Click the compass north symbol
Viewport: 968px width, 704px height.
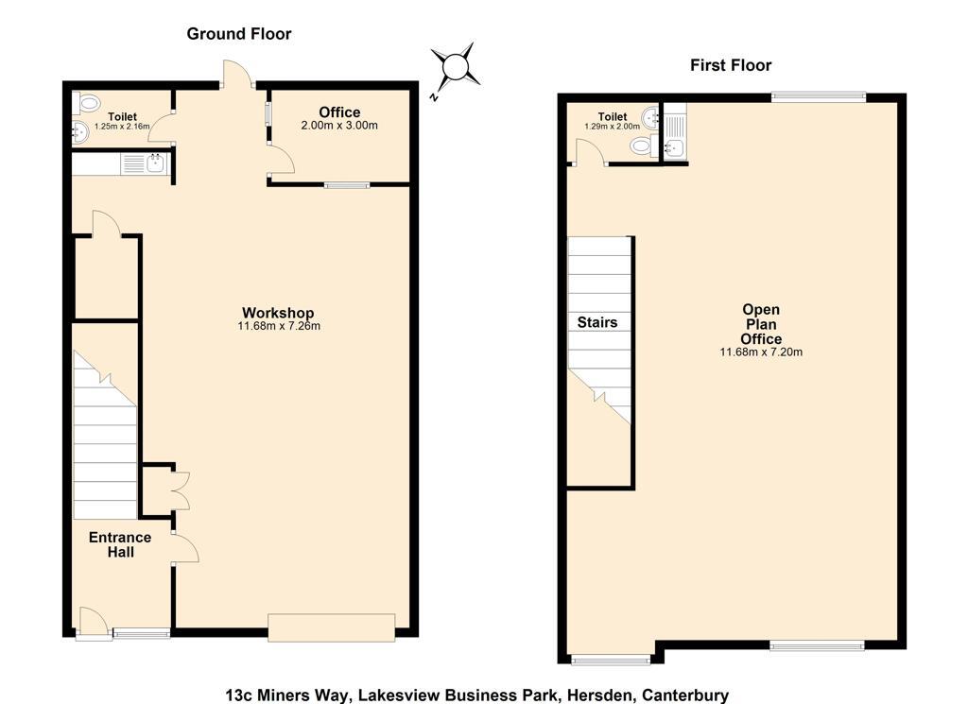click(455, 67)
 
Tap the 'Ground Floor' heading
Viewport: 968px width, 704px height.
click(239, 34)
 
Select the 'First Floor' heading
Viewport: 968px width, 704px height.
click(731, 65)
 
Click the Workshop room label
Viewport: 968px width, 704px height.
click(278, 313)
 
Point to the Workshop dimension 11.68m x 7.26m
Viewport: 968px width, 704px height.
click(279, 327)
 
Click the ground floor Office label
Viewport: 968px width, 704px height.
click(339, 112)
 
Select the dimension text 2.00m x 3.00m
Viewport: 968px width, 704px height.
click(339, 126)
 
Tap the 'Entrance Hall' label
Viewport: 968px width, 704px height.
click(120, 544)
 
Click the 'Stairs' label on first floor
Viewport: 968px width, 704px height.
click(597, 322)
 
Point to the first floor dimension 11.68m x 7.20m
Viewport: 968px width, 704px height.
click(761, 352)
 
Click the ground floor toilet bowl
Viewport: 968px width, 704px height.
click(87, 103)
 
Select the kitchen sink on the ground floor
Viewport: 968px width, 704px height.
click(155, 164)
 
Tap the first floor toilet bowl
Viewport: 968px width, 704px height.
click(641, 146)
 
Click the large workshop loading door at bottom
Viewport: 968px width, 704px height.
click(331, 627)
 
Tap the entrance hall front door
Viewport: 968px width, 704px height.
click(91, 625)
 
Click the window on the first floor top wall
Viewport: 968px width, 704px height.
click(818, 94)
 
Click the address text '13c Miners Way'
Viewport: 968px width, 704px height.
click(287, 695)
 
